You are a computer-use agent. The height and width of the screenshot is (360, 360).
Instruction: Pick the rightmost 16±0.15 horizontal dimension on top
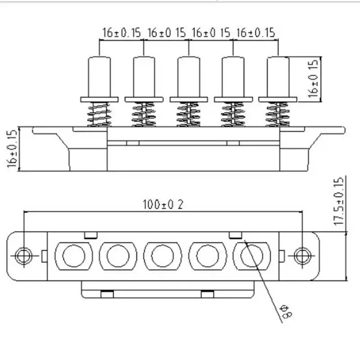[x=255, y=33]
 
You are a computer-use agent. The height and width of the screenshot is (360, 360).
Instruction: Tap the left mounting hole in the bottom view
[x=22, y=256]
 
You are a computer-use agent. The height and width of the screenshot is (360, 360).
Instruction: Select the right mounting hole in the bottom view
[x=301, y=256]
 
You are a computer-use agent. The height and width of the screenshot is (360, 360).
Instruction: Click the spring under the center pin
[x=188, y=114]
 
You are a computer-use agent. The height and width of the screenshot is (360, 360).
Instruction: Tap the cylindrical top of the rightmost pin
[x=278, y=76]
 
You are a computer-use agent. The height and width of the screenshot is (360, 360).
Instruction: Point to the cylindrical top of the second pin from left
[x=144, y=76]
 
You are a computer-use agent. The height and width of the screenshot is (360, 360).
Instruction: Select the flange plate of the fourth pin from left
[x=233, y=99]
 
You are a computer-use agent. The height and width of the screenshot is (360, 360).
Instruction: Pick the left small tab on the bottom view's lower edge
[x=106, y=294]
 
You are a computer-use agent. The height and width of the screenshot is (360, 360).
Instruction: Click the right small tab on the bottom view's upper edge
[x=235, y=235]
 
